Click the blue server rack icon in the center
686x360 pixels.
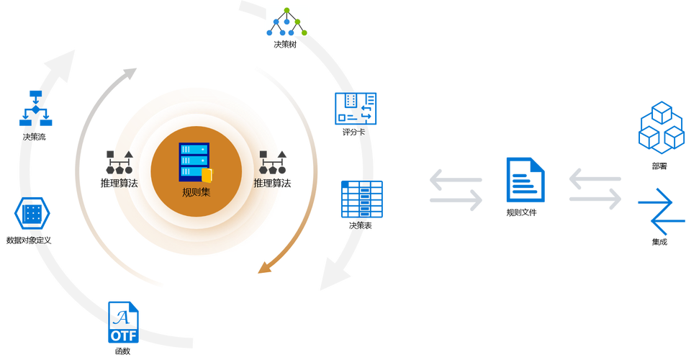click(x=194, y=162)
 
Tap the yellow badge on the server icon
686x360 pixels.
click(x=207, y=176)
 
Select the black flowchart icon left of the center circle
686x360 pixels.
click(x=119, y=165)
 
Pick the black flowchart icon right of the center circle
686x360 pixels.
click(x=274, y=165)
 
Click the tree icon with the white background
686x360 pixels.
click(x=286, y=21)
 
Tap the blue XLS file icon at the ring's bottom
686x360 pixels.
click(x=124, y=322)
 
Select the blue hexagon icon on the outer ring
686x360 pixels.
click(x=30, y=214)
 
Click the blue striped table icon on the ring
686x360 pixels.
click(x=362, y=199)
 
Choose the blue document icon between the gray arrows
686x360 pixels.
click(x=525, y=179)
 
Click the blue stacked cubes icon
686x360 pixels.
click(x=661, y=125)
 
